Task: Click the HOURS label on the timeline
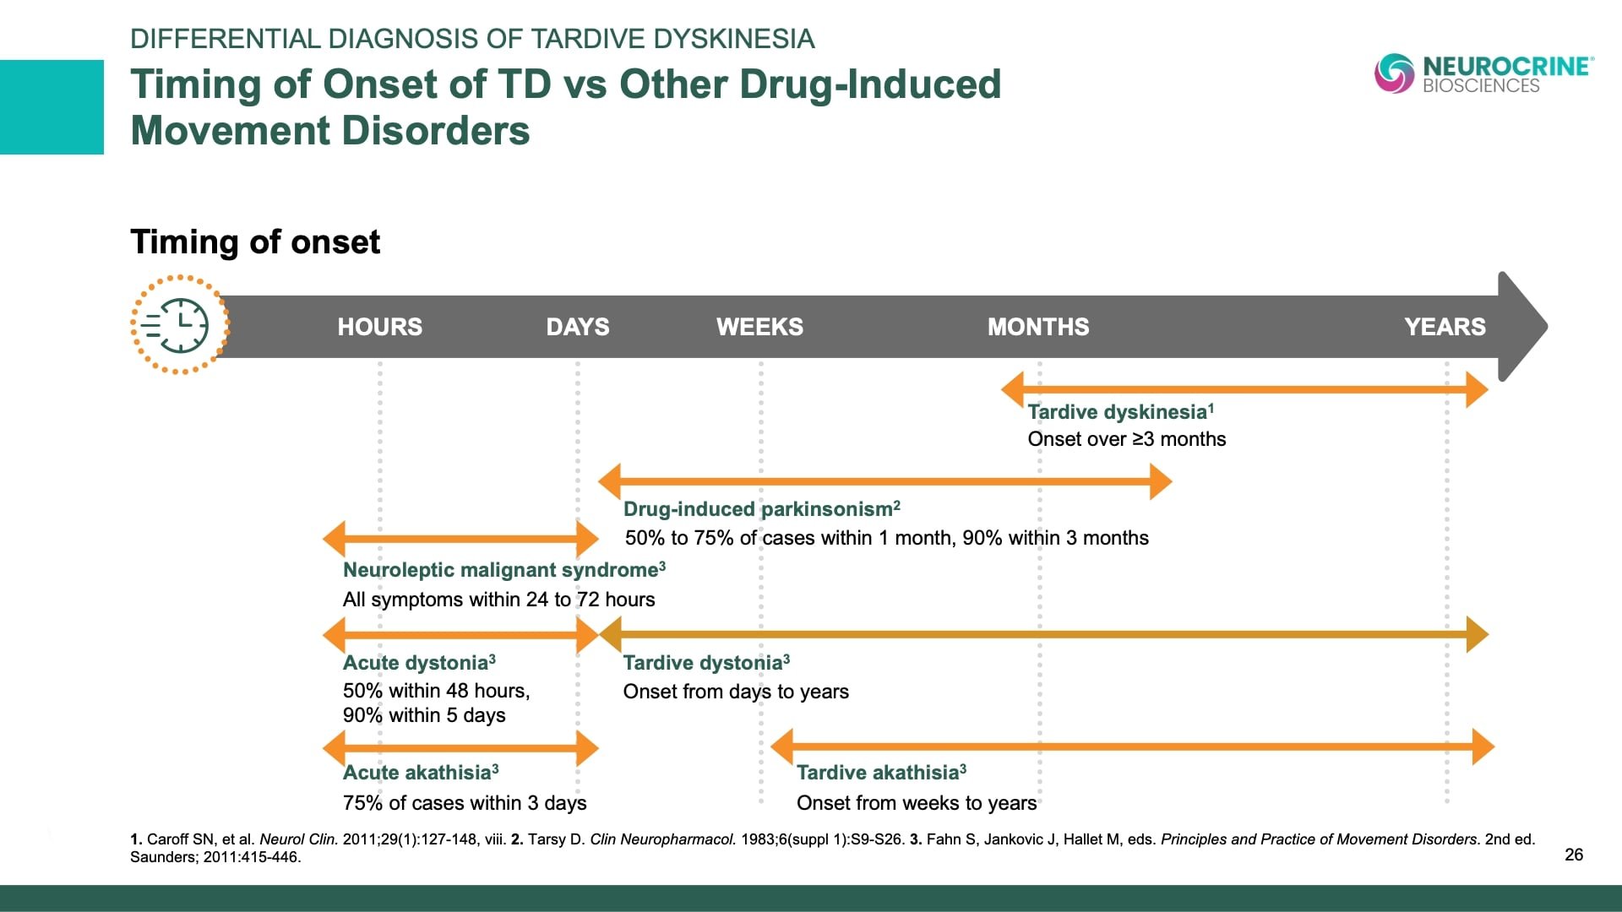379,327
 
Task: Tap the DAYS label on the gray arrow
577,327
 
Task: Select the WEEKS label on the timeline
759,327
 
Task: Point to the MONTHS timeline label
1038,327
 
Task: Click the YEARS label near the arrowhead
1445,327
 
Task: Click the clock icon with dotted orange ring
180,324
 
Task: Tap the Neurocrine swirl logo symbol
1394,73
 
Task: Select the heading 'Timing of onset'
255,242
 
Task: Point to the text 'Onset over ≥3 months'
1126,439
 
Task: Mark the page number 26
1573,855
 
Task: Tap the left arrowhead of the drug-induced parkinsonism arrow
610,482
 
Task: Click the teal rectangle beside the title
52,107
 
